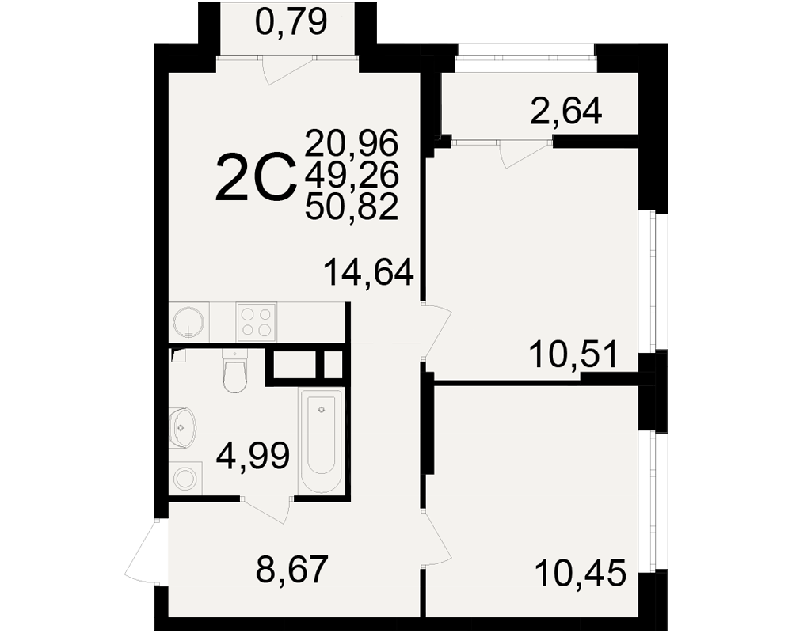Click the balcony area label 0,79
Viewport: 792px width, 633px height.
click(x=291, y=23)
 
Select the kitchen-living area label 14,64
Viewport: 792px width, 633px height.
click(x=369, y=271)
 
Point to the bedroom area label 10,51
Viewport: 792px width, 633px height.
click(x=573, y=354)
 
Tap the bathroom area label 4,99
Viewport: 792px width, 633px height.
click(x=253, y=455)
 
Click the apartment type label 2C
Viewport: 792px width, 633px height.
click(x=256, y=178)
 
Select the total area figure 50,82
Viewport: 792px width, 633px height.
click(x=352, y=207)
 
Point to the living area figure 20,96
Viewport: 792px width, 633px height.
click(x=352, y=142)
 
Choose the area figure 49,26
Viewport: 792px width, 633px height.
click(x=352, y=175)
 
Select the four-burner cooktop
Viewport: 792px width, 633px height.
click(x=256, y=321)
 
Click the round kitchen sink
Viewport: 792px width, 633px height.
click(x=188, y=321)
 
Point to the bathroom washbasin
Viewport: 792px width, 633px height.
click(x=182, y=427)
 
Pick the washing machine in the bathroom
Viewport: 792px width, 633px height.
click(x=186, y=478)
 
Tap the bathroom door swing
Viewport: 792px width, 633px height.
click(x=266, y=509)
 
